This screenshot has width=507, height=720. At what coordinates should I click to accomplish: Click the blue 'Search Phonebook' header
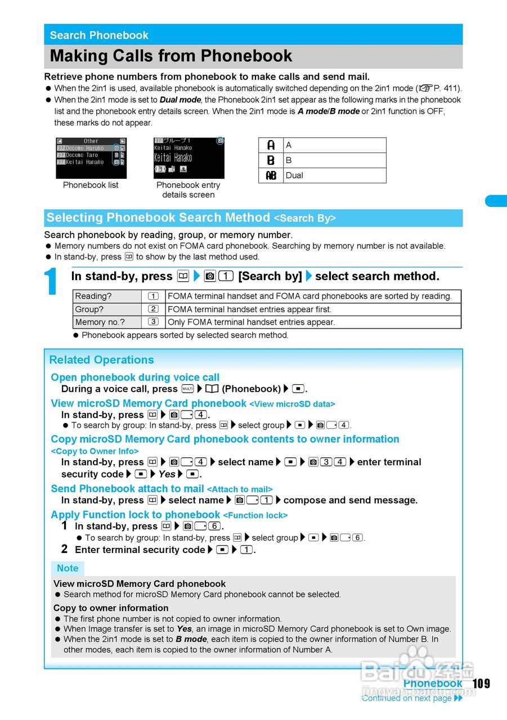pyautogui.click(x=99, y=35)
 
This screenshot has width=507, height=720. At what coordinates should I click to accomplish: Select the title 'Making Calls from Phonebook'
pyautogui.click(x=171, y=56)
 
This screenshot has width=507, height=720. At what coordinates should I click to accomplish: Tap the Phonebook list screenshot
pyautogui.click(x=91, y=158)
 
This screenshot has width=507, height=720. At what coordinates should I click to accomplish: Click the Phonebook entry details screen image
pyautogui.click(x=189, y=158)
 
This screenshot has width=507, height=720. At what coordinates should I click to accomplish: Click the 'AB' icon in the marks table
pyautogui.click(x=271, y=175)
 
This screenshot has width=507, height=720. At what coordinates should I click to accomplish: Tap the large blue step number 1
pyautogui.click(x=51, y=282)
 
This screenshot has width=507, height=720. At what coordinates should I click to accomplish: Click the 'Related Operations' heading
pyautogui.click(x=101, y=360)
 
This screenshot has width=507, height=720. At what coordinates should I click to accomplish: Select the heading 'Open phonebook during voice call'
pyautogui.click(x=135, y=377)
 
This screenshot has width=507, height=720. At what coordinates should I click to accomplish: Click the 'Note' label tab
pyautogui.click(x=68, y=568)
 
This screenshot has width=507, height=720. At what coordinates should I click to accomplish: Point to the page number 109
pyautogui.click(x=481, y=683)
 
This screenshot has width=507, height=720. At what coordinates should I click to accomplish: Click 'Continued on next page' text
pyautogui.click(x=407, y=698)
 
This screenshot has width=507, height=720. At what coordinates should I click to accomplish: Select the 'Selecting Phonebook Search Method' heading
pyautogui.click(x=158, y=218)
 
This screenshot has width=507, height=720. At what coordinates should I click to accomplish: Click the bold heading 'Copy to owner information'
pyautogui.click(x=111, y=608)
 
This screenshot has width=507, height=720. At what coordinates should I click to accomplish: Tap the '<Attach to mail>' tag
pyautogui.click(x=240, y=489)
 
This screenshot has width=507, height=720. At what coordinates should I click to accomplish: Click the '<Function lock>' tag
pyautogui.click(x=255, y=515)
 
